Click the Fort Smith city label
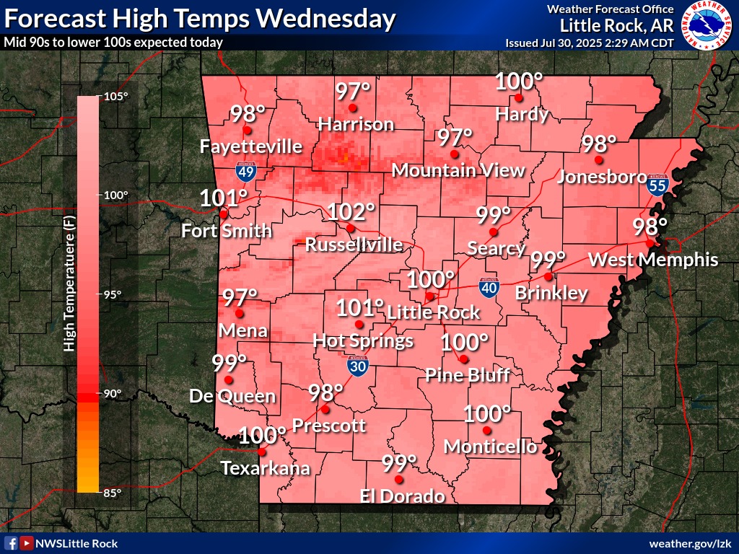tap(227, 231)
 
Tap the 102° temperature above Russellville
tap(351, 212)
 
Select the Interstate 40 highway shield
tap(489, 288)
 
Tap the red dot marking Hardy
tap(518, 98)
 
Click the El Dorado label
tap(403, 496)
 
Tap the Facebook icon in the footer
tap(11, 543)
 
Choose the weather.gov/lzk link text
tap(691, 543)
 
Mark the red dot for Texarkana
tap(261, 452)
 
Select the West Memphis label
tap(653, 260)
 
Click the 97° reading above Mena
tap(240, 296)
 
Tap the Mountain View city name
tap(458, 170)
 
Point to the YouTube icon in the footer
tap(26, 543)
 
